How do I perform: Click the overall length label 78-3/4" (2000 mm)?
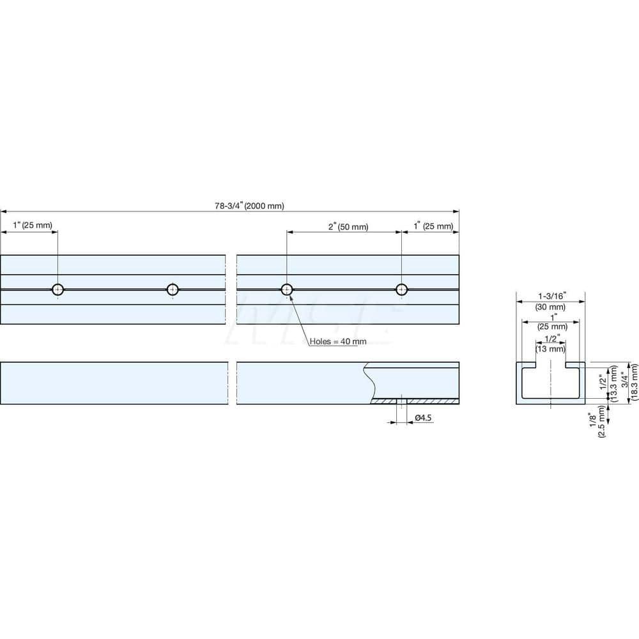click(x=249, y=206)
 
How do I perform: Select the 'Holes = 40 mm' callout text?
click(x=338, y=341)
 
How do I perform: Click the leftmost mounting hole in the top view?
click(x=58, y=289)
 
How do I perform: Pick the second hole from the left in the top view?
click(x=172, y=289)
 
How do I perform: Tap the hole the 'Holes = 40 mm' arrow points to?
click(x=287, y=289)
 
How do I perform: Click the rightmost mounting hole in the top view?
click(x=401, y=289)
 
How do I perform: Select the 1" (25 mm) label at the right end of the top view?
click(x=433, y=227)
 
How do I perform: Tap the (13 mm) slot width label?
click(x=550, y=349)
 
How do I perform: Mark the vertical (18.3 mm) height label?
click(x=635, y=382)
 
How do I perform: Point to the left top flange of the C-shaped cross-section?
click(x=527, y=366)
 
